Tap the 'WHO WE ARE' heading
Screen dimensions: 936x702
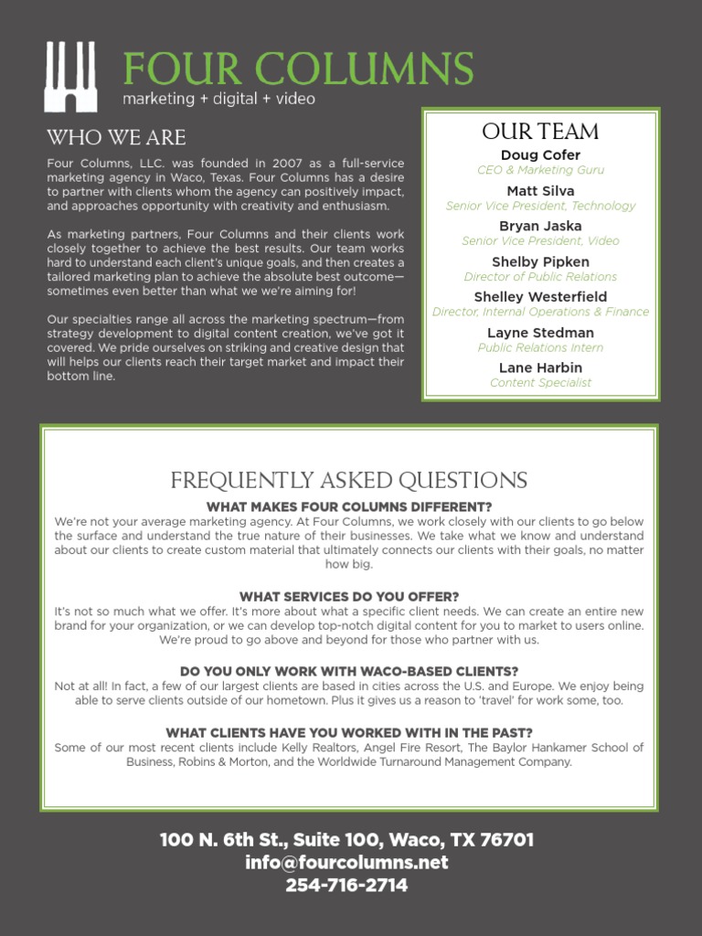(116, 138)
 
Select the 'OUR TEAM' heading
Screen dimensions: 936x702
(540, 132)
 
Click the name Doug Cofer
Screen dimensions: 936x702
(540, 155)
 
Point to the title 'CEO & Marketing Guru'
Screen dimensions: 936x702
(540, 170)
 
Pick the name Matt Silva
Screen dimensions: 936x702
(540, 191)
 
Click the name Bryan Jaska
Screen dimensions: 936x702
(540, 226)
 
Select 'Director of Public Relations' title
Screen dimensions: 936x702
(540, 277)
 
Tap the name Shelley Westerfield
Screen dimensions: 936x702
(540, 297)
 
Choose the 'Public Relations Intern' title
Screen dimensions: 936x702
(540, 347)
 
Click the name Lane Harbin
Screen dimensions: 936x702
(540, 367)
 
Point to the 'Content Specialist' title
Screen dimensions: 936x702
(540, 383)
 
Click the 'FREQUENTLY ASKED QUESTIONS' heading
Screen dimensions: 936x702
(349, 481)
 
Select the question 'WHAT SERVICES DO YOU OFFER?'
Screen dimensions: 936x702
(349, 597)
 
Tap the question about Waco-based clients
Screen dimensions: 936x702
(349, 671)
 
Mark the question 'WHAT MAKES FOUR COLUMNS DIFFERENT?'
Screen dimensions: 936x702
(349, 507)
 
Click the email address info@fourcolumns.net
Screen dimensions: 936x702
(346, 862)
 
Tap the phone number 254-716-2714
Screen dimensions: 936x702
(346, 885)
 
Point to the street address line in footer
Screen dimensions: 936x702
(346, 839)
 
